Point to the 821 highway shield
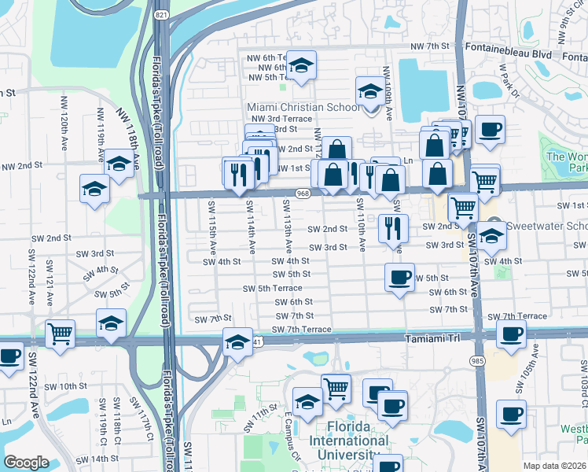161,15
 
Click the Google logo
26,462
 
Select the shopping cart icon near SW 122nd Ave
60,334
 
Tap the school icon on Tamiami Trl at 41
237,342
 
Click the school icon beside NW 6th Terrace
300,65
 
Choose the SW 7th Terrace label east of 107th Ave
517,316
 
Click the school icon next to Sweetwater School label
491,235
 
